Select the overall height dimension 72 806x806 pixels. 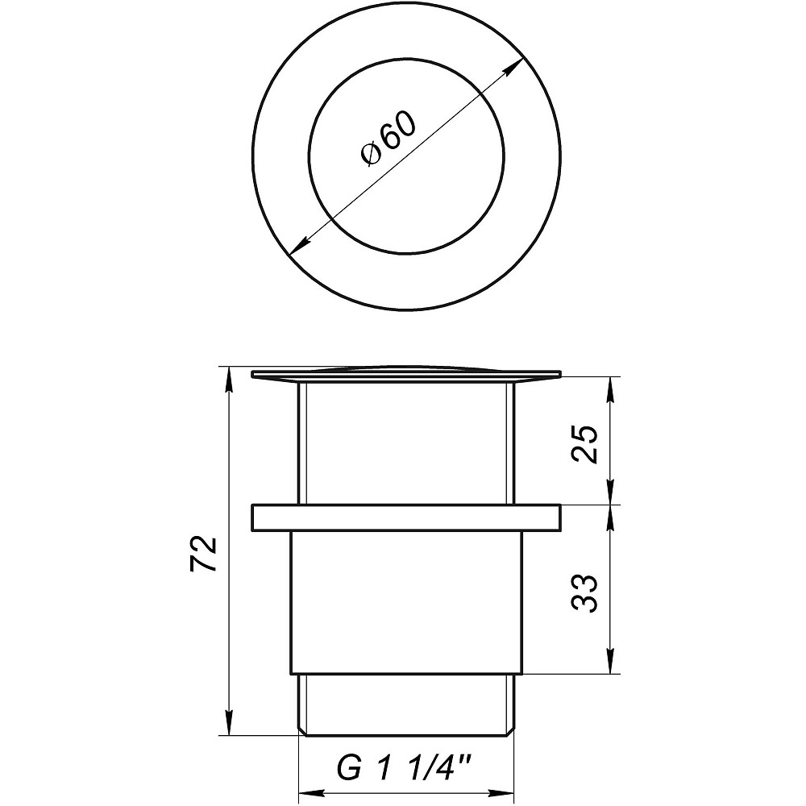[x=205, y=553]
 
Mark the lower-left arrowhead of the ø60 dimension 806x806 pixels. [x=297, y=249]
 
